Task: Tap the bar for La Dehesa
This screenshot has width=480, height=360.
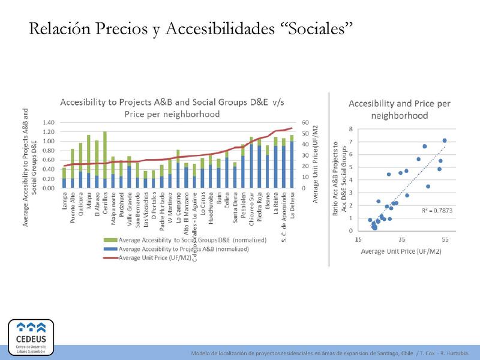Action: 292,162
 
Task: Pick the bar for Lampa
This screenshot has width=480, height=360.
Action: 64,178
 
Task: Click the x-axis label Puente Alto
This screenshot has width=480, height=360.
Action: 73,206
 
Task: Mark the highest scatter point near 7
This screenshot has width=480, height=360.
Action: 445,140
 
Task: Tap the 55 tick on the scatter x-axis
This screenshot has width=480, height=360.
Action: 445,239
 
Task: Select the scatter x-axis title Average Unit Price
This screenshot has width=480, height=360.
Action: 401,251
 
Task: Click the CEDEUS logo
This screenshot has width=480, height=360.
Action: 31,337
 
